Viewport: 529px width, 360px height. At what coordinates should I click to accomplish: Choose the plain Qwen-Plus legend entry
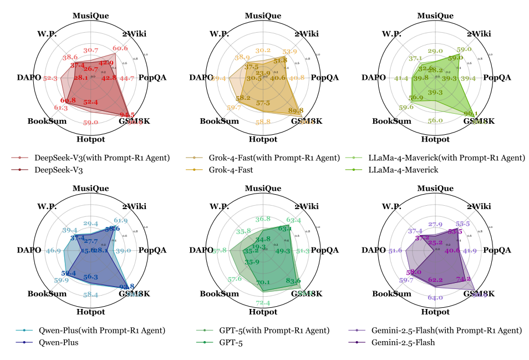(56, 342)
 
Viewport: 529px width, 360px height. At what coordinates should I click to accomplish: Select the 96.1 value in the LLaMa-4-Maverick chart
(470, 113)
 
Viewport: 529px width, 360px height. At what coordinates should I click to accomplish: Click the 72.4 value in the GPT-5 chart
(263, 302)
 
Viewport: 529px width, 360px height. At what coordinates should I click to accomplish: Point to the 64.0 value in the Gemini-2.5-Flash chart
(435, 298)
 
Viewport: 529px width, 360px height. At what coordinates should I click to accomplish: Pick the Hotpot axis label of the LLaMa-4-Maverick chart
(435, 139)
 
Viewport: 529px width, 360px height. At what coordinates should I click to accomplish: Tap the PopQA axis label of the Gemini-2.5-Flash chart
(497, 250)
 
